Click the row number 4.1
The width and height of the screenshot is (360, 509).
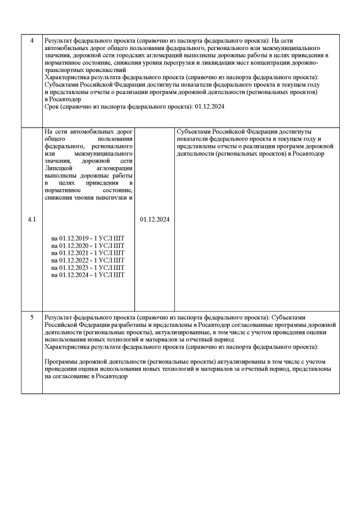click(31, 219)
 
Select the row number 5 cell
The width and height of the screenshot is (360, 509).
click(31, 317)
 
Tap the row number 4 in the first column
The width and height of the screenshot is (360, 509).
click(31, 41)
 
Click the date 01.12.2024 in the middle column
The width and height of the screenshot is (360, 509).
click(154, 219)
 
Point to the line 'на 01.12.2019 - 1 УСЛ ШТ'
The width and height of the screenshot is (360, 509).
click(87, 238)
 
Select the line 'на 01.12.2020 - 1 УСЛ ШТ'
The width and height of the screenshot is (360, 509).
click(87, 246)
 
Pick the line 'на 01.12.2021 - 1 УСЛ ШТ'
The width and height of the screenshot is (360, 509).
click(87, 253)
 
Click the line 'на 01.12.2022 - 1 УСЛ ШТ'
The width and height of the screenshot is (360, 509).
click(87, 260)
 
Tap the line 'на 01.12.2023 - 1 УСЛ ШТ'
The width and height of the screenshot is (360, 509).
click(87, 268)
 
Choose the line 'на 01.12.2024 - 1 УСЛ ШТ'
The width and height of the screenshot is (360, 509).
click(87, 275)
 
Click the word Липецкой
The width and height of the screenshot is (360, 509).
click(59, 168)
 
